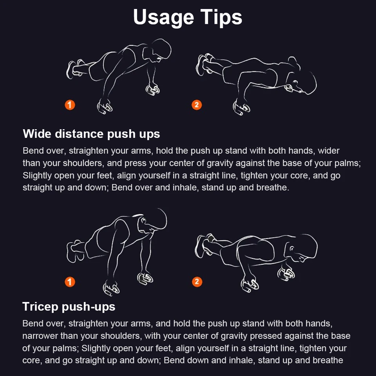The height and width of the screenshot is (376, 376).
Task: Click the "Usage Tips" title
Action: [x=188, y=17]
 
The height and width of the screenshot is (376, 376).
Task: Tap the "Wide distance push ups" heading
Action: [x=91, y=134]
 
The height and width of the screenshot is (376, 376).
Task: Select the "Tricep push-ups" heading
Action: [x=69, y=306]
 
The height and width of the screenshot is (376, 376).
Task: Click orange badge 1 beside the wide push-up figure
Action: [x=70, y=105]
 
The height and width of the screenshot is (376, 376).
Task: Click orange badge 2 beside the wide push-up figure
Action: [x=197, y=105]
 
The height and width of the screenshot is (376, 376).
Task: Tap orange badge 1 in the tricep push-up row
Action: [x=70, y=282]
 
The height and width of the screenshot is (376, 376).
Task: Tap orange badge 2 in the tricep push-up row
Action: [x=197, y=282]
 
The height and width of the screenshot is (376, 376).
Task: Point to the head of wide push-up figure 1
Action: [x=159, y=51]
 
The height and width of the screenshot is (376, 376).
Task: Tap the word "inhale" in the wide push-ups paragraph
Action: [x=186, y=187]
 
